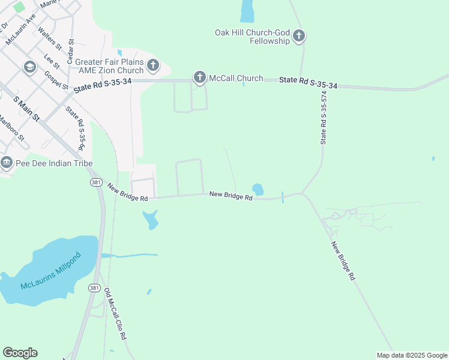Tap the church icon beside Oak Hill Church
(x=299, y=37)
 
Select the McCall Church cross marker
(x=200, y=77)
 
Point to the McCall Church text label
(x=236, y=78)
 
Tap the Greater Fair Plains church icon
(x=153, y=65)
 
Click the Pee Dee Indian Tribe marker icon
(x=7, y=162)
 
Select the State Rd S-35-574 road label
(x=324, y=118)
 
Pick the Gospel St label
(x=56, y=80)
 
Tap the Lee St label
(x=52, y=61)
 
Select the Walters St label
(x=50, y=37)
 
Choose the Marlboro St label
(x=12, y=127)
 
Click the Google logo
(x=20, y=353)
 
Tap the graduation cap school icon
(x=29, y=67)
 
